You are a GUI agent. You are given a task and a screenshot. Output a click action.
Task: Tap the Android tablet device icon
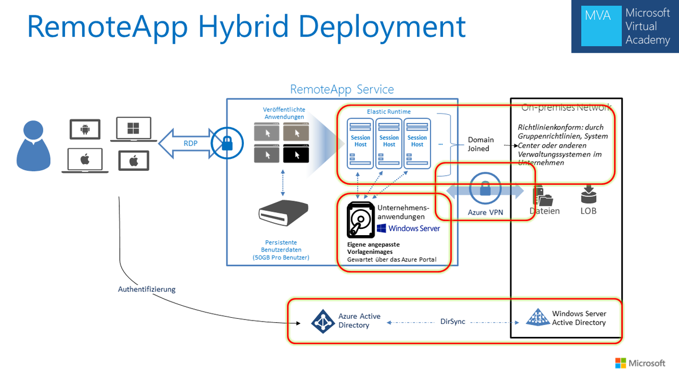pos(85,129)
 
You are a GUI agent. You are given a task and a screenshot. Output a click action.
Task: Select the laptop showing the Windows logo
pos(134,128)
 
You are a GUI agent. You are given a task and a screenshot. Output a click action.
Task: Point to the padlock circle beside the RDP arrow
pos(227,144)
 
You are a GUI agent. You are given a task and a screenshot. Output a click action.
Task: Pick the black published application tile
pos(296,153)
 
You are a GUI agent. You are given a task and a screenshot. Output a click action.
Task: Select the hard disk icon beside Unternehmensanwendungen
pos(360,220)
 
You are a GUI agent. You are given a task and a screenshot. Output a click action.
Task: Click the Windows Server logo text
pos(409,228)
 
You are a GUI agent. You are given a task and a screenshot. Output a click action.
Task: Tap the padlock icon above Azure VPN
pos(485,189)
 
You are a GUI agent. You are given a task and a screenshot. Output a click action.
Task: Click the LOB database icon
pos(588,195)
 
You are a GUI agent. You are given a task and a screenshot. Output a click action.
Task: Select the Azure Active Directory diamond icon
pos(323,321)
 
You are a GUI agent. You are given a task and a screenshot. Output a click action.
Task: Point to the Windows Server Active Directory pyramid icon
pos(537,318)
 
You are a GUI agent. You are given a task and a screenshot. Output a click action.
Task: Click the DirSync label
pos(453,321)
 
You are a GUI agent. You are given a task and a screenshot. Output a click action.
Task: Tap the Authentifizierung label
pos(147,289)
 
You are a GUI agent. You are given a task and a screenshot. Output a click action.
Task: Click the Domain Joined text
pos(480,144)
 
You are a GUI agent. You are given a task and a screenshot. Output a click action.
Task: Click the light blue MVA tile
pos(598,27)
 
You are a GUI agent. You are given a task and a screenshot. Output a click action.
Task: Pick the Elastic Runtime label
pos(389,112)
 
